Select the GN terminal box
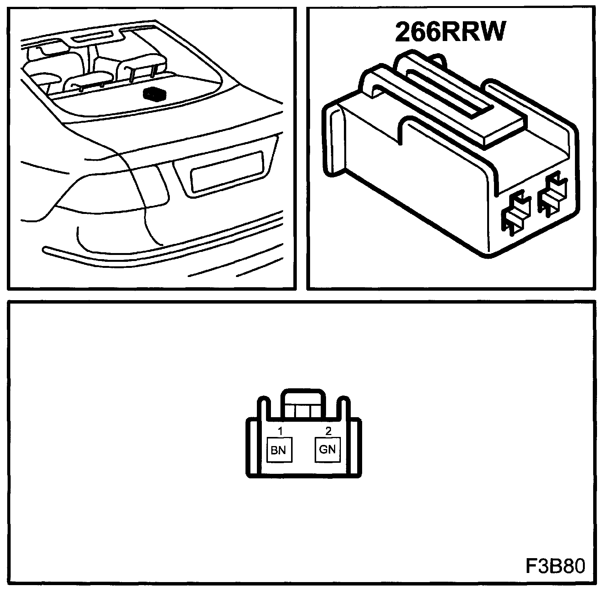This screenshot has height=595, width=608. tap(328, 449)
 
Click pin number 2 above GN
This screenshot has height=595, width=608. tap(329, 431)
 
